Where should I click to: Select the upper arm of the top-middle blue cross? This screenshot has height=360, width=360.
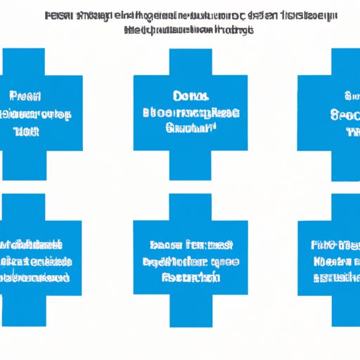point(191,60)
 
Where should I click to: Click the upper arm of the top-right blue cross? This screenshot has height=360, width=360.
point(345,60)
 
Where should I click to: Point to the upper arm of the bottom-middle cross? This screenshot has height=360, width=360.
point(191,207)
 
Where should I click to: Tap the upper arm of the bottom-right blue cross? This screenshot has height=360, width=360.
point(345,207)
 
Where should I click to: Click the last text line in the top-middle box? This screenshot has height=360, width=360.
point(191,128)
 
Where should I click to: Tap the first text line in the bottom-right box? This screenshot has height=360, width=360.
point(334,245)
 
